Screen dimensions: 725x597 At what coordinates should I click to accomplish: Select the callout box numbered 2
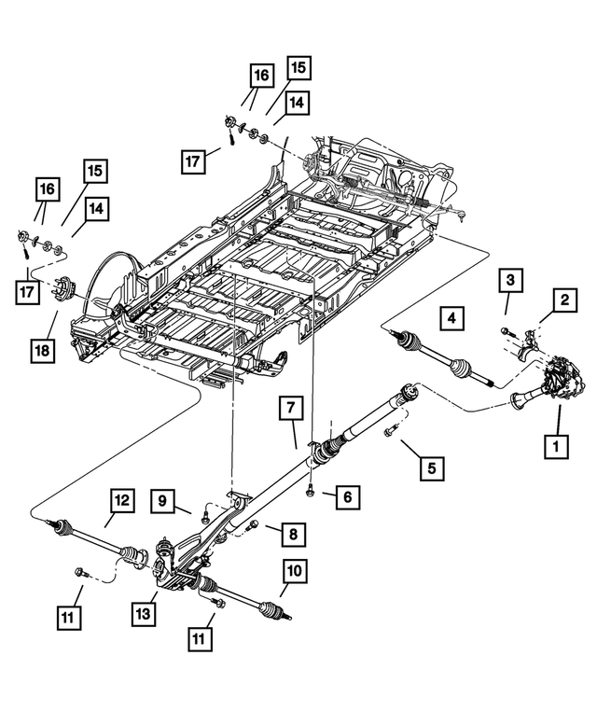[x=563, y=300]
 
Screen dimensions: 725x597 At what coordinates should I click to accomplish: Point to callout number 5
[x=430, y=466]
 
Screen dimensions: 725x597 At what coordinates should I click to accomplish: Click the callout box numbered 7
[x=290, y=408]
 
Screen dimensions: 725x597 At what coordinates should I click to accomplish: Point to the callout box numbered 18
[x=42, y=350]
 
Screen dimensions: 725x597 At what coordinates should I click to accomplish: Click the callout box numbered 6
[x=346, y=497]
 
